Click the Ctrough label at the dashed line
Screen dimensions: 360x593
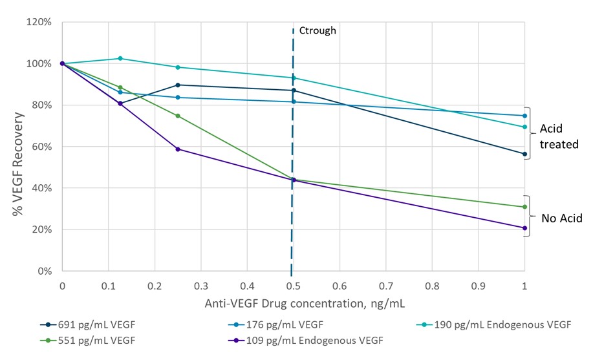[x=317, y=30]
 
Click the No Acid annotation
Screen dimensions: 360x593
[x=562, y=218]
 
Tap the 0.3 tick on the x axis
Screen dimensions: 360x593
[x=200, y=285]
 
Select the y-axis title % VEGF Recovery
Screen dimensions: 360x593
[x=19, y=147]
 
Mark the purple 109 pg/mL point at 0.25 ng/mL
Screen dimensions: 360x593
[x=178, y=149]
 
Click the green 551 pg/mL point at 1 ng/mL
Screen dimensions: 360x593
[x=524, y=207]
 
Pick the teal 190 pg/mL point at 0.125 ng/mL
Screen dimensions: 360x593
[x=120, y=59]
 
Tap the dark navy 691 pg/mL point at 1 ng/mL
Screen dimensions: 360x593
[x=524, y=154]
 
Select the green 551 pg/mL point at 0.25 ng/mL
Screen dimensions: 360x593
[x=178, y=116]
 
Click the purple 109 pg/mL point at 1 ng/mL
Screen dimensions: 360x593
[x=524, y=228]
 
